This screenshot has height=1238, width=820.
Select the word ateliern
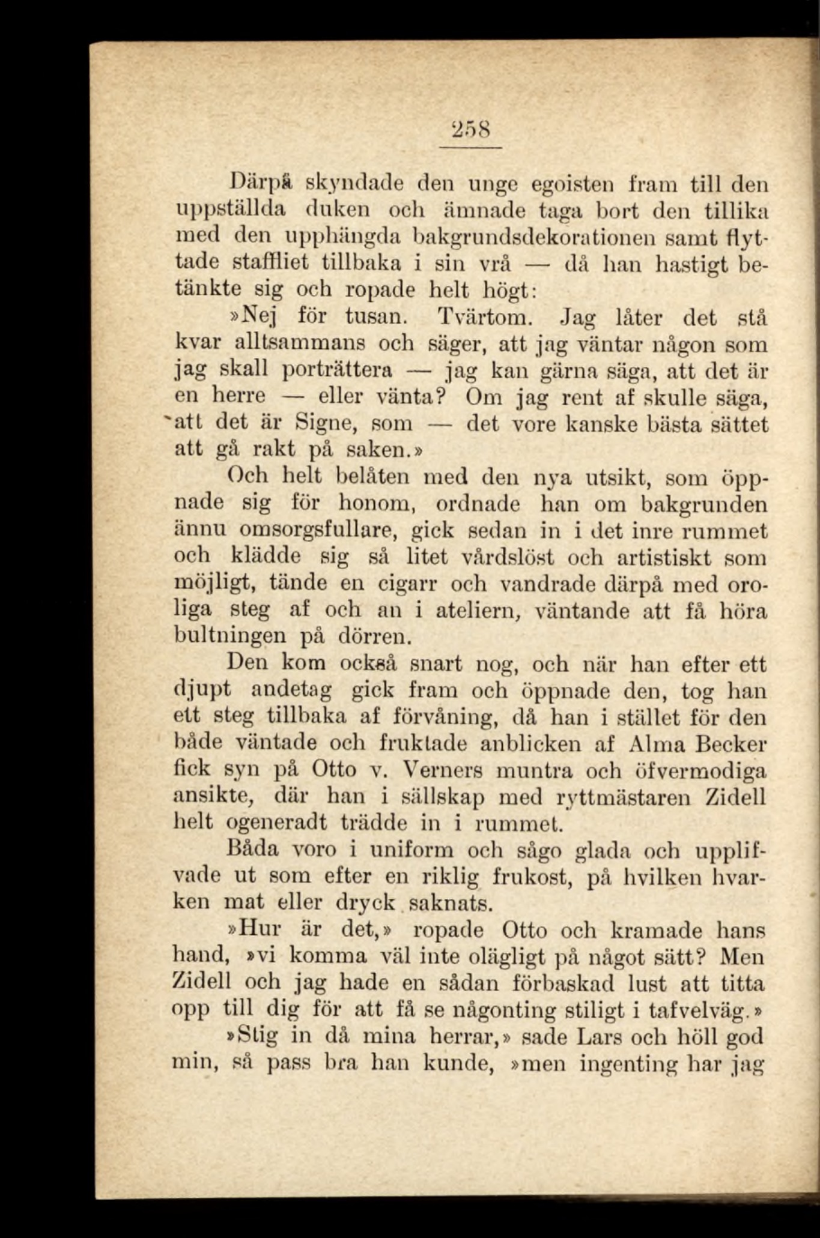click(x=476, y=611)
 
